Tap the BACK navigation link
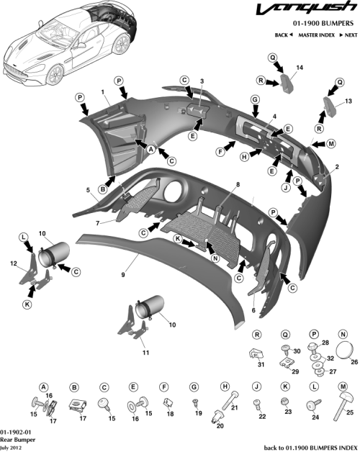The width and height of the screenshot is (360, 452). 283,35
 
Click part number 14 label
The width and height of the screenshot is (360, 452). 300,67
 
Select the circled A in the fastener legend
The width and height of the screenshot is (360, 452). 43,387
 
